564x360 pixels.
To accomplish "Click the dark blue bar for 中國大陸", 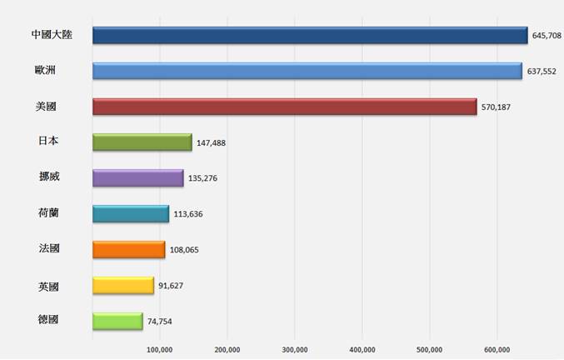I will tap(310, 35).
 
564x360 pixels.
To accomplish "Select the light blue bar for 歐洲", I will tap(307, 71).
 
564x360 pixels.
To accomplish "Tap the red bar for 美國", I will tap(284, 107).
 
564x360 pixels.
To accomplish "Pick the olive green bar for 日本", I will tap(142, 142).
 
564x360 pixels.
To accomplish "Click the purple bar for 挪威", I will tap(137, 177).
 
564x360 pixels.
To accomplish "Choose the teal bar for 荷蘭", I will tap(131, 213).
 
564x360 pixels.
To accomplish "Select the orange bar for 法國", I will tap(128, 249).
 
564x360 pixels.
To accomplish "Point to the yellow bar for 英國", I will tap(123, 285).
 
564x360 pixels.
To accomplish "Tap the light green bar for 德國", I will tap(117, 321).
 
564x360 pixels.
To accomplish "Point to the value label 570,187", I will tap(496, 107).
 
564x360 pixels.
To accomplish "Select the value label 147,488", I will tap(211, 143).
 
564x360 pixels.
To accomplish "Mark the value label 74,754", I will tap(159, 322).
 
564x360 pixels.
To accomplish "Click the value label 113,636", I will tap(187, 214).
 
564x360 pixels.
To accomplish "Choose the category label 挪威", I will tap(48, 177).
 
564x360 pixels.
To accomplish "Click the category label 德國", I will tap(48, 320).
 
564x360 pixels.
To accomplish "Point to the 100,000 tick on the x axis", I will tap(159, 349).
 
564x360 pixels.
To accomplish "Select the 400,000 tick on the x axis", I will tap(362, 349).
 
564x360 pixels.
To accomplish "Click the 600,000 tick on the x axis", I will tap(497, 349).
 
